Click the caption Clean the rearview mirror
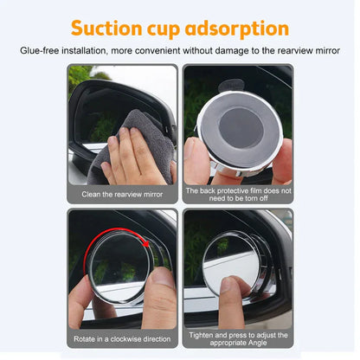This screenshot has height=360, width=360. pos(122,195)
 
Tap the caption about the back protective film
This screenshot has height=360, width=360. pos(238,194)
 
